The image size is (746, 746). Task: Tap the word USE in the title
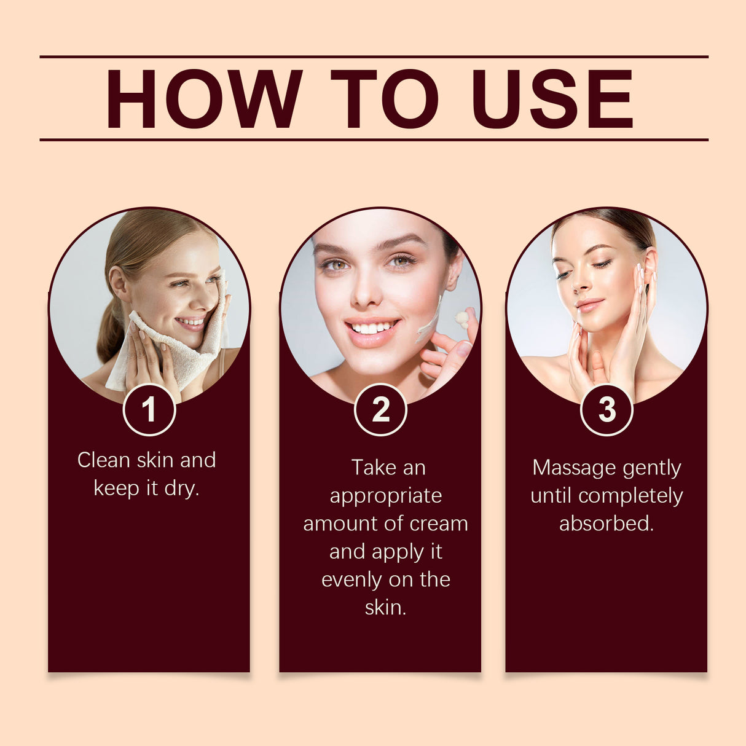coord(552,99)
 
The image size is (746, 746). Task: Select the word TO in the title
coord(385,99)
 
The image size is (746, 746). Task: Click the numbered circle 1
coord(149,410)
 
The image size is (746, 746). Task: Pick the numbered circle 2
coord(380,410)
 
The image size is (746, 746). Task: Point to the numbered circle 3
coord(607,410)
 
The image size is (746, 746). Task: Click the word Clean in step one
coord(103,460)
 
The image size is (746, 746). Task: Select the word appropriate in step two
coord(385,497)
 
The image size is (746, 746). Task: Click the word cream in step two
coord(439,524)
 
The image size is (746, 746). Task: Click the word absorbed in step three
coord(607,524)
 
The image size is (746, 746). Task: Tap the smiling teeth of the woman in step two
coord(371,328)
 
